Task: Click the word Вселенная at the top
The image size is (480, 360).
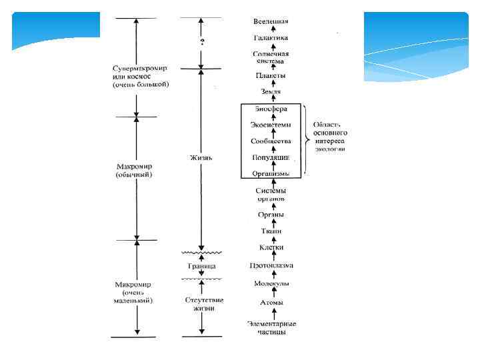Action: tap(271, 22)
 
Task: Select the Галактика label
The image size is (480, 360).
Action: tap(271, 39)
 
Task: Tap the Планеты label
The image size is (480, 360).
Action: tap(271, 75)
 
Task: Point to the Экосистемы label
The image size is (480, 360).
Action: tap(271, 124)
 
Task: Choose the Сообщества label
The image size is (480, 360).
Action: tap(271, 141)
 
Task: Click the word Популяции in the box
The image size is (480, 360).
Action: tap(271, 157)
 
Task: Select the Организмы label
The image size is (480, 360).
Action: tap(271, 173)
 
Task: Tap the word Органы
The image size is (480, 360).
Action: tap(271, 214)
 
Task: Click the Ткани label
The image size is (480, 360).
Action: tap(271, 231)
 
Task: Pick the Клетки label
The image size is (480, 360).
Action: tap(271, 247)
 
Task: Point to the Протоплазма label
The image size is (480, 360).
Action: tap(271, 265)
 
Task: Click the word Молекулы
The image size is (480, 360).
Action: tap(271, 283)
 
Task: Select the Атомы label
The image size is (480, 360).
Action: tap(271, 302)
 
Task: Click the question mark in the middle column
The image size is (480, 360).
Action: tap(201, 42)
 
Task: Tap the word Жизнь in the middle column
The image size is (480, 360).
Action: tap(201, 158)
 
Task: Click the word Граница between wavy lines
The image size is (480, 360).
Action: tap(201, 265)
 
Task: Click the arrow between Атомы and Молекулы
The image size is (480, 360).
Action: tap(271, 293)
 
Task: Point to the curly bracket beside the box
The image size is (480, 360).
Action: tap(305, 139)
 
